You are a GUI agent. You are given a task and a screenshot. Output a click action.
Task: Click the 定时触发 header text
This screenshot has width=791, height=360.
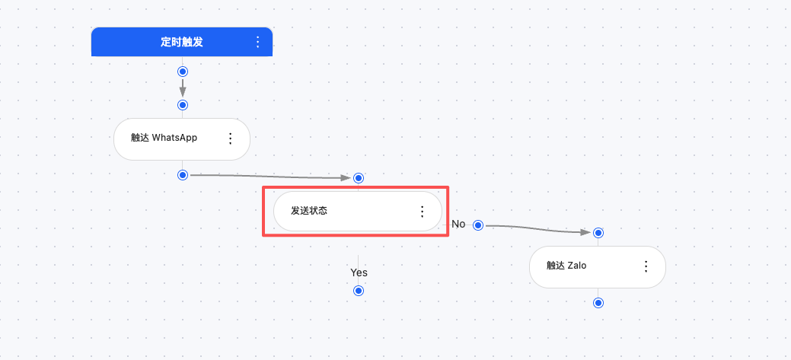click(181, 42)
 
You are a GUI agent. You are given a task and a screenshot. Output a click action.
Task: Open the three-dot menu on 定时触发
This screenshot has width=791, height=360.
click(257, 42)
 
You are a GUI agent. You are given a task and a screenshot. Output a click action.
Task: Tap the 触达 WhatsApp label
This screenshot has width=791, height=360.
click(164, 138)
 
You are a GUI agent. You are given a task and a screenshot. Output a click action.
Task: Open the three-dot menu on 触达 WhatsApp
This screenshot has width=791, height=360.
click(230, 138)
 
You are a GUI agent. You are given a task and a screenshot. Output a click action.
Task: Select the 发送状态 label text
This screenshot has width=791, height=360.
click(309, 211)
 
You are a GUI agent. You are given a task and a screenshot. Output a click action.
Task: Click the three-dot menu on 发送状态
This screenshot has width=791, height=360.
click(423, 211)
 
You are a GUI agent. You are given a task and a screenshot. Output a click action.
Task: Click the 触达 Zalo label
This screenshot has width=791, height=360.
click(566, 266)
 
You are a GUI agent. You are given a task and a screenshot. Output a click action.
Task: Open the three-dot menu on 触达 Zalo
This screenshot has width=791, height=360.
click(646, 266)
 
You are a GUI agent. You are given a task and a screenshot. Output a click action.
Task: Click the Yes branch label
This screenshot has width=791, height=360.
click(359, 272)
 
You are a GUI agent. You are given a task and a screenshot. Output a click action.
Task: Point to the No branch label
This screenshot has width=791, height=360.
click(458, 224)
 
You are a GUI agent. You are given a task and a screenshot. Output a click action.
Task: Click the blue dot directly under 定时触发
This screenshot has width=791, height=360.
click(182, 72)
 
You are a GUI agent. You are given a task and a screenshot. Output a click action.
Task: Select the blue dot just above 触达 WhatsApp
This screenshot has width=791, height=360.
click(182, 104)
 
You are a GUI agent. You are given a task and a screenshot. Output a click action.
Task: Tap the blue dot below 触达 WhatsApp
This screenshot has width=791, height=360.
click(182, 175)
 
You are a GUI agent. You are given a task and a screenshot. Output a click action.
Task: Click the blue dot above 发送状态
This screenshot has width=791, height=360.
click(359, 178)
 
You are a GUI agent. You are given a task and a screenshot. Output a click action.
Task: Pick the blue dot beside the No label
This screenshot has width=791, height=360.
click(478, 225)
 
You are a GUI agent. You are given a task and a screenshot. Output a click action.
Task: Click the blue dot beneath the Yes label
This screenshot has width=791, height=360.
click(359, 291)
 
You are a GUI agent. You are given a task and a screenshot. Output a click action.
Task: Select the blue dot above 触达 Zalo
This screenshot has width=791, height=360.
click(598, 233)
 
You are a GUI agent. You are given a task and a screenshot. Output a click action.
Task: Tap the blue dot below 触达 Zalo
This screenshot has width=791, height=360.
click(598, 303)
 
